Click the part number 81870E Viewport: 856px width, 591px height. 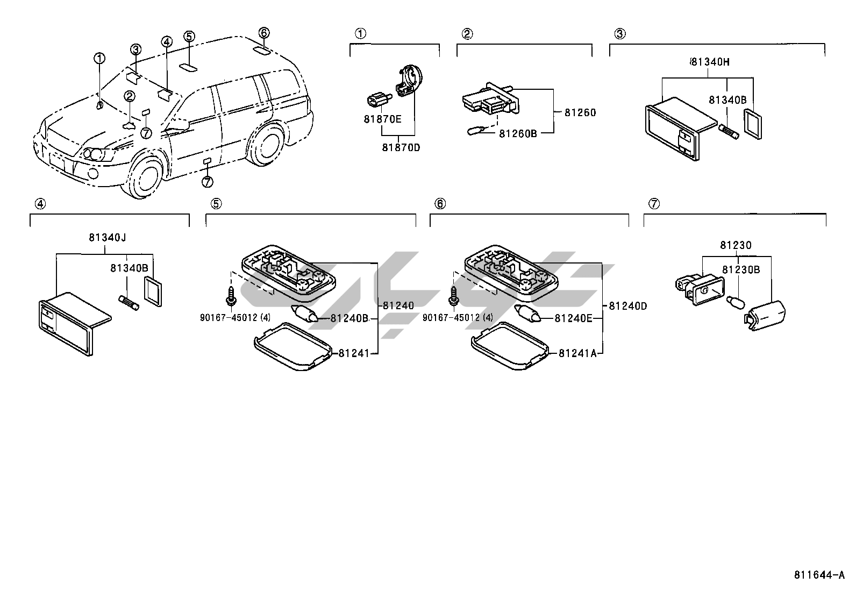(x=382, y=119)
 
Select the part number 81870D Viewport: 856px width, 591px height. (x=401, y=147)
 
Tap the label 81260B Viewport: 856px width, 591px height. (x=518, y=133)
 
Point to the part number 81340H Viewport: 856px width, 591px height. (x=710, y=61)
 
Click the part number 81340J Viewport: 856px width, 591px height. (x=108, y=237)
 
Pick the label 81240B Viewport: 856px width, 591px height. (x=349, y=318)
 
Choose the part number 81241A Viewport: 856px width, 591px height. (x=577, y=353)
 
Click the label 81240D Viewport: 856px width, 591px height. (x=628, y=306)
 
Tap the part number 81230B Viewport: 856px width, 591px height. (x=741, y=270)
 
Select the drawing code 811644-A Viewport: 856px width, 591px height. (x=819, y=575)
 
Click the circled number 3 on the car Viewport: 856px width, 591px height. (x=135, y=49)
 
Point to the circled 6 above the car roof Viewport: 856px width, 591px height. (x=263, y=33)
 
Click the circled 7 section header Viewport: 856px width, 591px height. (x=654, y=204)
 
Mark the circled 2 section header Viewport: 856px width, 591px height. (x=467, y=34)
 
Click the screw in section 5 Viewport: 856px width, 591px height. (x=231, y=296)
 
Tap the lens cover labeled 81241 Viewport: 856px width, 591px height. (x=293, y=346)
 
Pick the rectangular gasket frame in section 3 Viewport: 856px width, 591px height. (x=752, y=124)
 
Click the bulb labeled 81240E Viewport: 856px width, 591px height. (x=527, y=314)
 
